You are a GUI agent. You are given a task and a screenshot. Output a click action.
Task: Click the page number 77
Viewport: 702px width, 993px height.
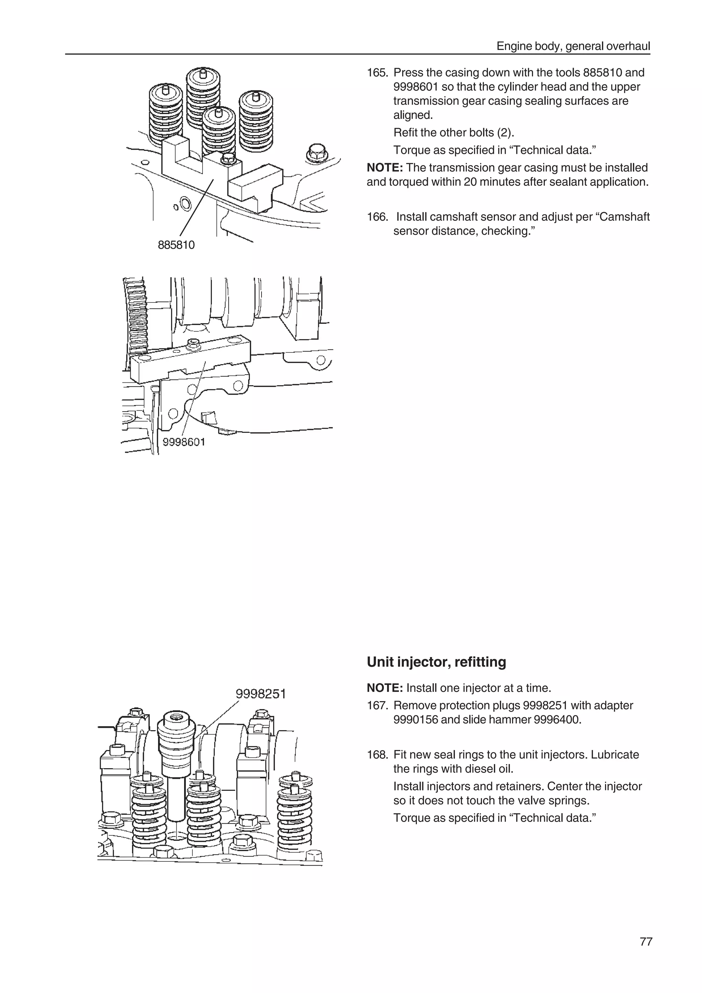click(645, 942)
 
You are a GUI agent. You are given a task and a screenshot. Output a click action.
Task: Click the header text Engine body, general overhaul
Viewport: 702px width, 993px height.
click(573, 46)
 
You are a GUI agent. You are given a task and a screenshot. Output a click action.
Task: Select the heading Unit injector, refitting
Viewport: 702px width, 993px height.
click(436, 662)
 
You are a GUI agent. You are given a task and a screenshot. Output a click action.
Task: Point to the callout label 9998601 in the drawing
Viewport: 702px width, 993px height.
click(183, 442)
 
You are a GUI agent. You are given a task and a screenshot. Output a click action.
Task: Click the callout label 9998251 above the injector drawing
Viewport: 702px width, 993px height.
click(261, 694)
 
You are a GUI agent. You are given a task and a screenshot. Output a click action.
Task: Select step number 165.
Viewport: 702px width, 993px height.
click(377, 73)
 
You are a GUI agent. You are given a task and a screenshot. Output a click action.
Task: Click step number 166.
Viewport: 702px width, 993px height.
click(377, 217)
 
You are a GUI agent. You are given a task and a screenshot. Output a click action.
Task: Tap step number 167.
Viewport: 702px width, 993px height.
click(377, 706)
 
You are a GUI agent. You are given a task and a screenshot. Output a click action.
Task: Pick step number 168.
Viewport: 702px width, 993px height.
click(377, 755)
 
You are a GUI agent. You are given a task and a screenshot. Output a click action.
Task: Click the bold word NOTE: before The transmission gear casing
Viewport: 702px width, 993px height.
click(385, 168)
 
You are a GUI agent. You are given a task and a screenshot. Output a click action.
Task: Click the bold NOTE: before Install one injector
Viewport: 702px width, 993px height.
click(385, 688)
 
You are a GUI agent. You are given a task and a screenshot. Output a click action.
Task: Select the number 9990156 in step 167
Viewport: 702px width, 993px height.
click(415, 720)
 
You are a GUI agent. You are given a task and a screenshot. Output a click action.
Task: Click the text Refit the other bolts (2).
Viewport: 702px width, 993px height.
click(453, 132)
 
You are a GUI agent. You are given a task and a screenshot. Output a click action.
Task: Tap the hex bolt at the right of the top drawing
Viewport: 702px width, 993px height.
click(316, 152)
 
